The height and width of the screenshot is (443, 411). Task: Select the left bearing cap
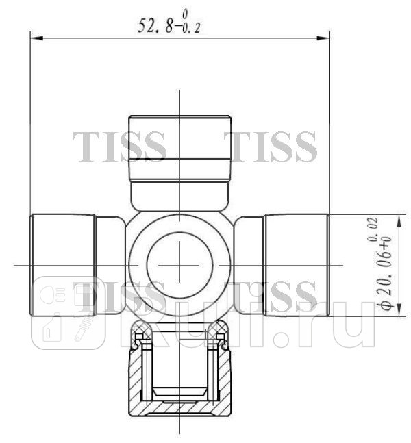tap(62, 264)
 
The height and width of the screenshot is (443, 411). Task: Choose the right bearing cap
tap(297, 264)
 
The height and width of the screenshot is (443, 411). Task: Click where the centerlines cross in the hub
tap(179, 264)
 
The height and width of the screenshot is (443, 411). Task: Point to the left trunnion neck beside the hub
tap(110, 264)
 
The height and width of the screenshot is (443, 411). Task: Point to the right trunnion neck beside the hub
tap(249, 264)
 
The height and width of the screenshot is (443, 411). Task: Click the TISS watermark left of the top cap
tap(119, 146)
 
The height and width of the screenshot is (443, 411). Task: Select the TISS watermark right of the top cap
tap(273, 146)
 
